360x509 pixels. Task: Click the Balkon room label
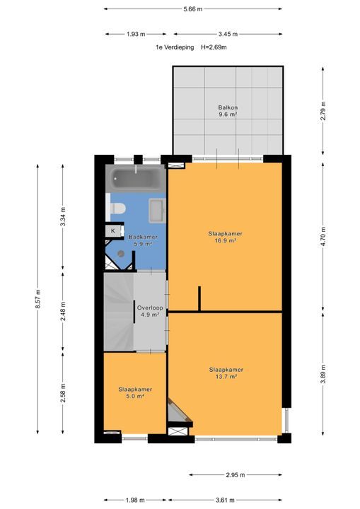click(228, 107)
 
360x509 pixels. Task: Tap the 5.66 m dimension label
click(192, 9)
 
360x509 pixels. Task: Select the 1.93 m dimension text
click(136, 34)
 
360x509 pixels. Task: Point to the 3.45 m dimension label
click(228, 34)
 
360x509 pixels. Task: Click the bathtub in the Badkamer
click(136, 179)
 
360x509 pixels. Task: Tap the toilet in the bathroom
click(116, 209)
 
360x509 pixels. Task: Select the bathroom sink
click(157, 211)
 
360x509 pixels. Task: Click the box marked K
click(113, 231)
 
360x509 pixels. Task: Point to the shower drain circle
click(121, 253)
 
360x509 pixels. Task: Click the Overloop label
click(150, 308)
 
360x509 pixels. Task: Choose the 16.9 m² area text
click(225, 241)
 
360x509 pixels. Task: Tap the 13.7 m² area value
click(226, 377)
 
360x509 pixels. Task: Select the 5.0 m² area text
click(135, 397)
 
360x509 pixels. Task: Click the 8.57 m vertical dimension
click(38, 299)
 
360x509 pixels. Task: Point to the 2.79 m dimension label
click(323, 111)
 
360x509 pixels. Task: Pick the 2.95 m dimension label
click(236, 475)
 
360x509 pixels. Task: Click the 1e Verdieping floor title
click(175, 47)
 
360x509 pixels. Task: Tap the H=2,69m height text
click(214, 47)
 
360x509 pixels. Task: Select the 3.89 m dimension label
click(323, 374)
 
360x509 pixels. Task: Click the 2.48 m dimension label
click(63, 311)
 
